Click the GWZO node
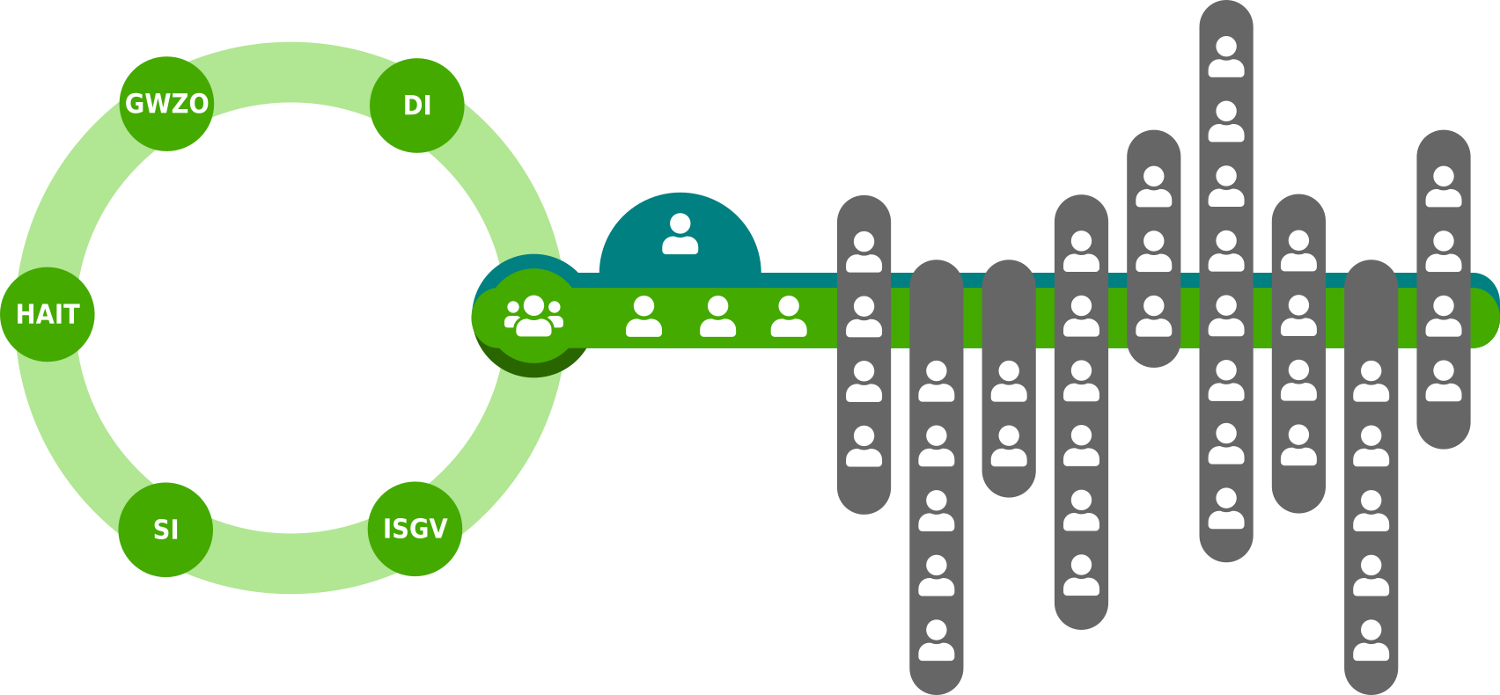click(166, 104)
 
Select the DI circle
click(416, 106)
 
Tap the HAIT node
click(48, 314)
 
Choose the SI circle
click(165, 530)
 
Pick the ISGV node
click(415, 529)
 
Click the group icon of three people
click(533, 316)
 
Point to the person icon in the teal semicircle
click(680, 234)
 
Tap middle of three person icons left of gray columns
click(717, 317)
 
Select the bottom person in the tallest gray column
click(1226, 508)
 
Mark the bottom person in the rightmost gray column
click(1444, 381)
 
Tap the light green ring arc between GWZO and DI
click(290, 72)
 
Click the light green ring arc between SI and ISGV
click(290, 563)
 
